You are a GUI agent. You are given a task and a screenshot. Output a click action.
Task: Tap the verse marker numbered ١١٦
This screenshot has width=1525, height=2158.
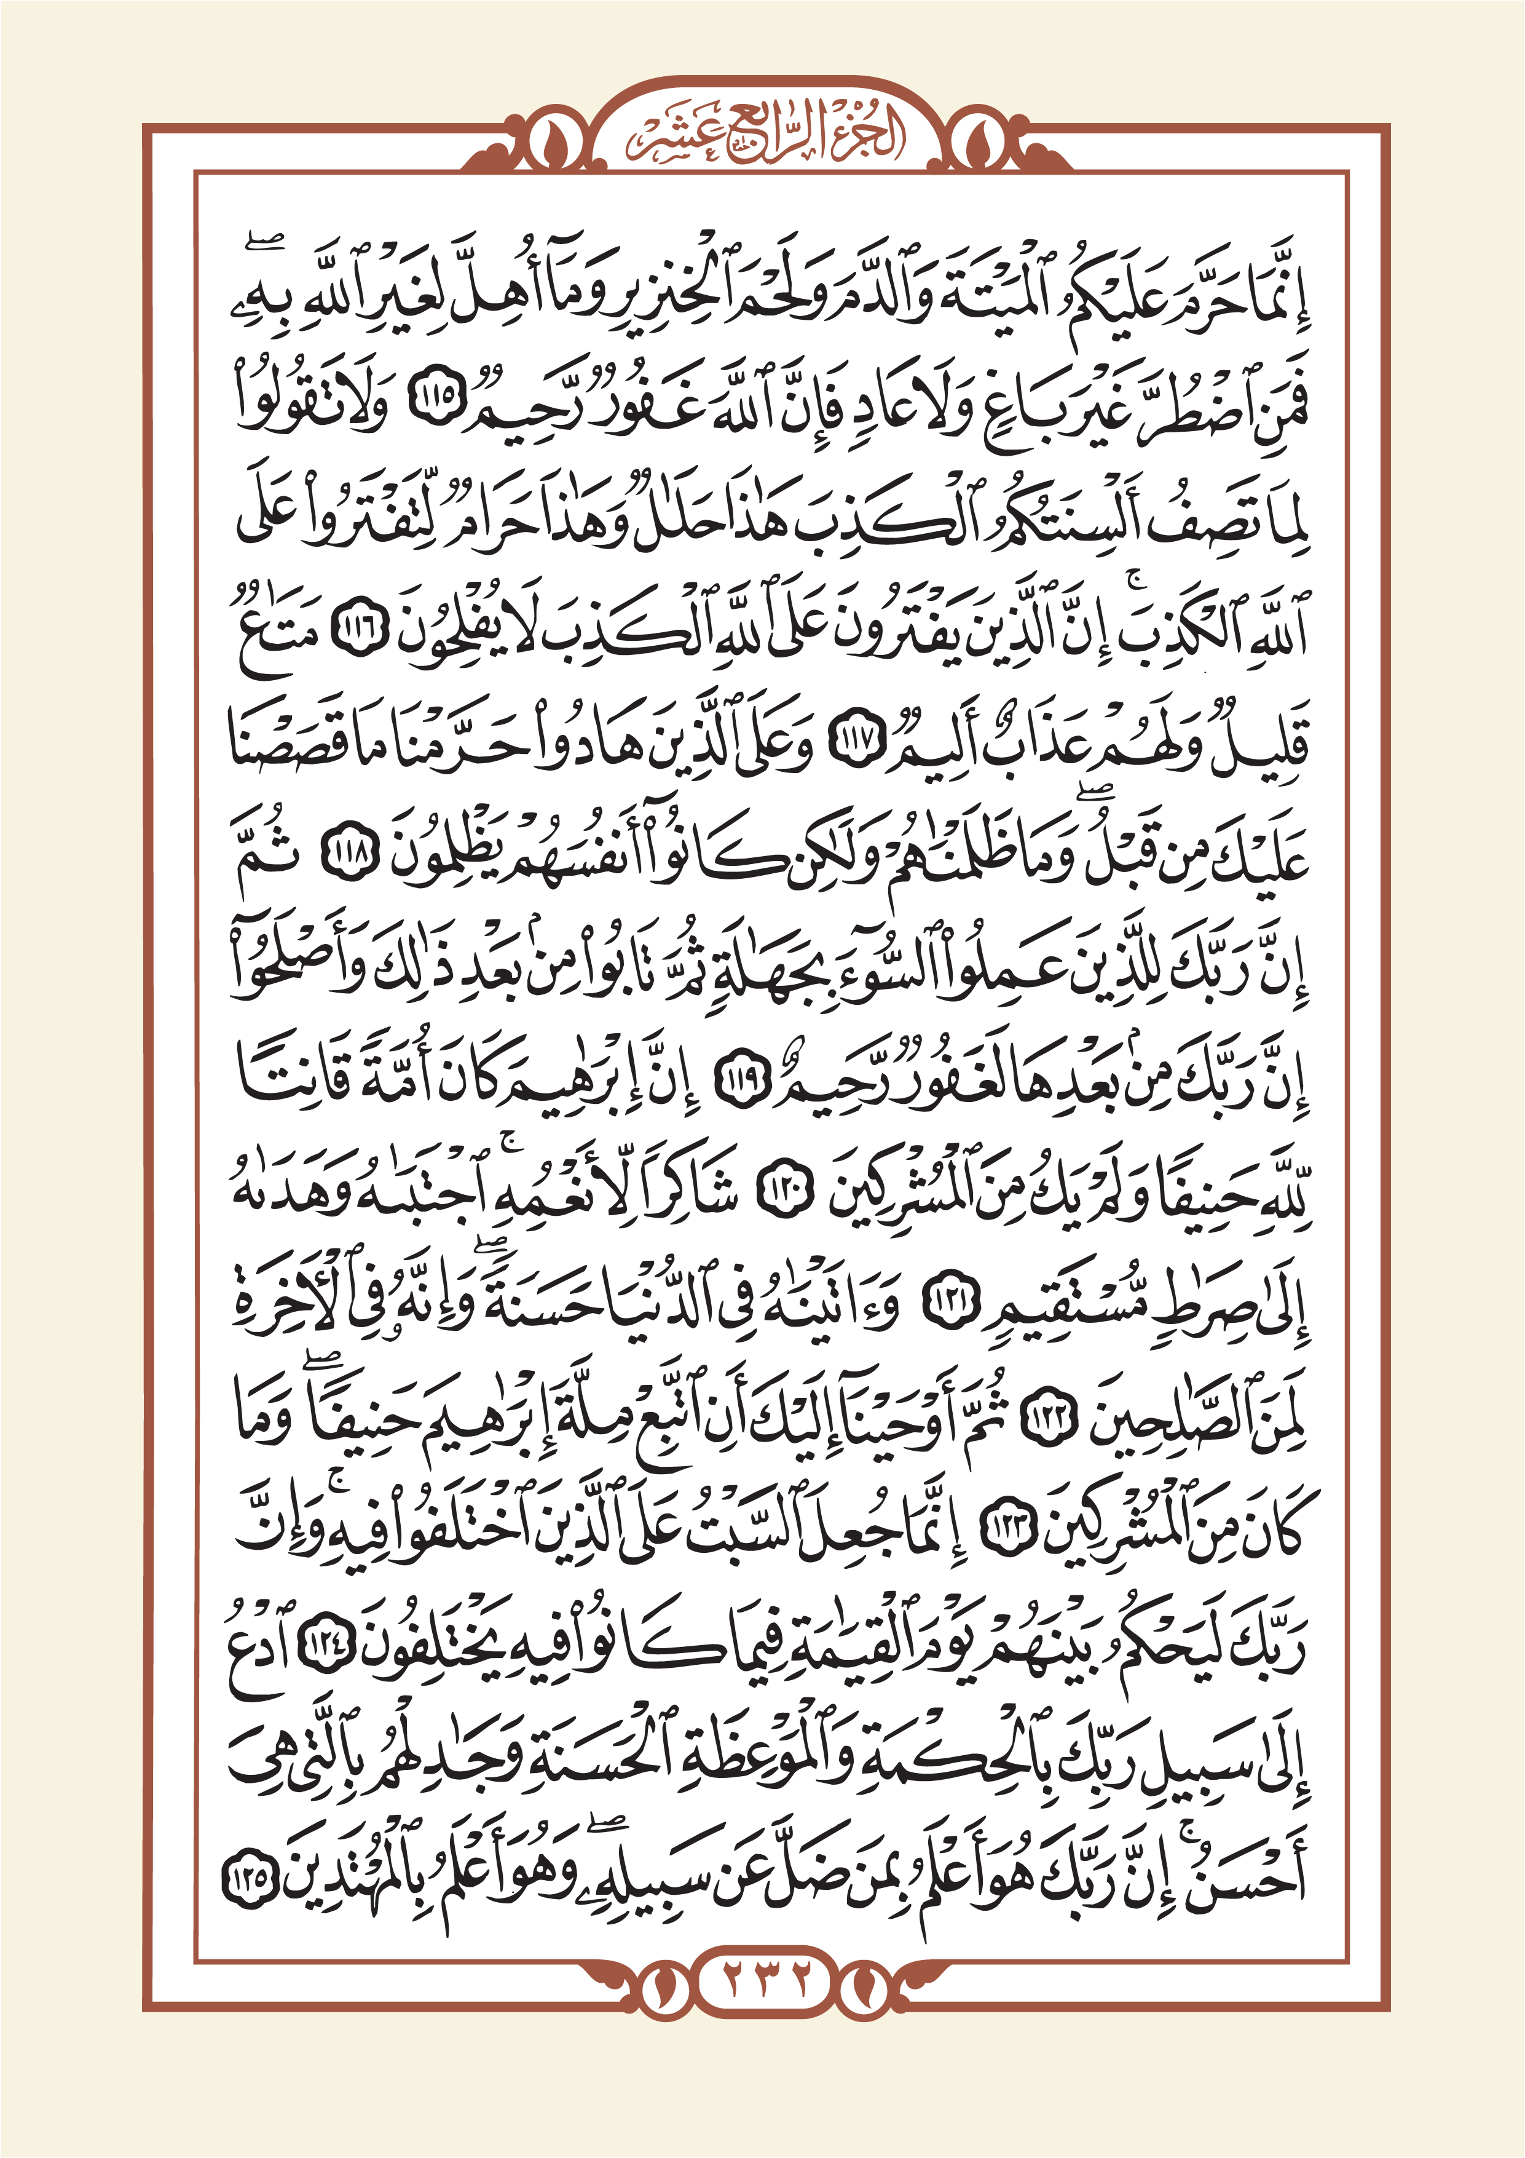(x=356, y=630)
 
